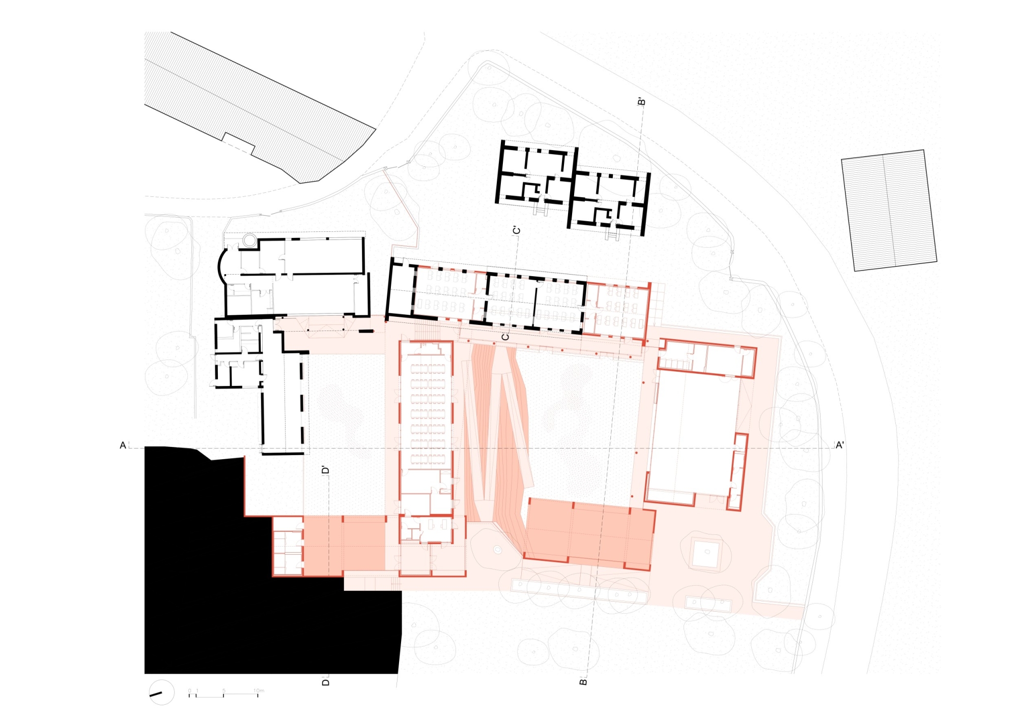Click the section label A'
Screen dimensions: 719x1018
coord(839,445)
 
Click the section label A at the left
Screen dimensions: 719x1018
coord(123,445)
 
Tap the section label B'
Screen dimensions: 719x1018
coord(641,102)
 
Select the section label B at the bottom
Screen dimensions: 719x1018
coord(583,682)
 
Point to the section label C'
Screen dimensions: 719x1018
coord(516,231)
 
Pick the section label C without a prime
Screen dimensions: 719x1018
coord(505,337)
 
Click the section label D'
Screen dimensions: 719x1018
coord(325,470)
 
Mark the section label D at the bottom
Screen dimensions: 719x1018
coord(326,682)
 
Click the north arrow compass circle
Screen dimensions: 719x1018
coord(161,692)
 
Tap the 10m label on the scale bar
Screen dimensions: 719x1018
coord(259,691)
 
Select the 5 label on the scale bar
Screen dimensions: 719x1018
coord(223,691)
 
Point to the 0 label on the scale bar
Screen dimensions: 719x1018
coord(189,691)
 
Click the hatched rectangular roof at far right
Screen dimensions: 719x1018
coord(888,210)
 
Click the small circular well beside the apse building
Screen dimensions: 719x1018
coord(249,240)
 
